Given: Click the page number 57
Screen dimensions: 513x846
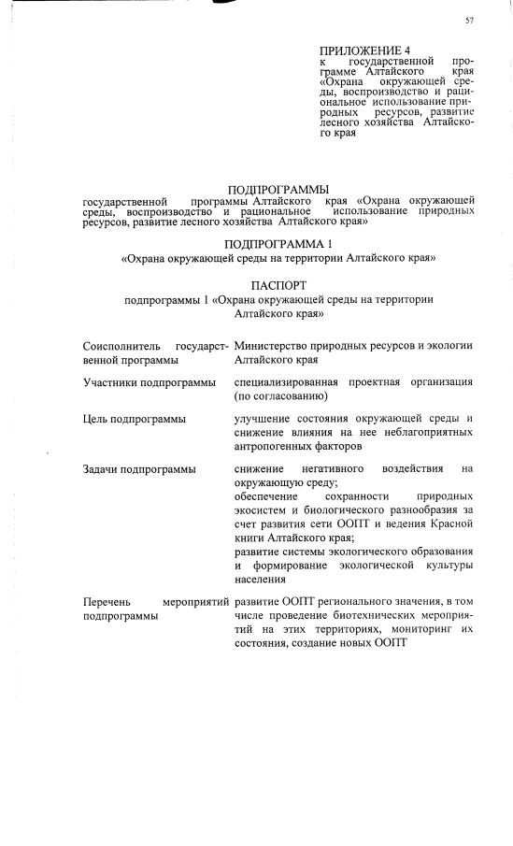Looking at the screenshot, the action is coord(469,21).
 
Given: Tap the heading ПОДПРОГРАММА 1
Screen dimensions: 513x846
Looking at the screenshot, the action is coord(278,242).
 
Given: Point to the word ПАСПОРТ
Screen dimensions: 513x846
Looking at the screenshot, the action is coord(278,283).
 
